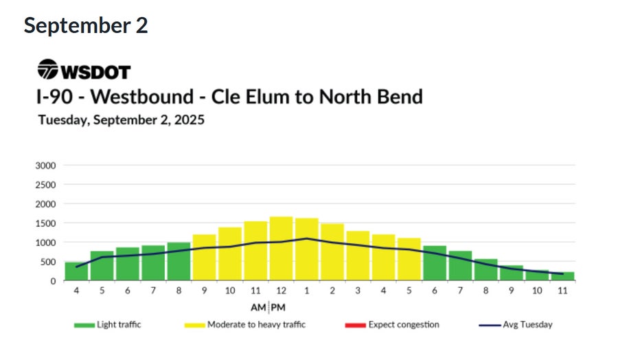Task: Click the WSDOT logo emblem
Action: pos(47,69)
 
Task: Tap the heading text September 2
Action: pos(85,25)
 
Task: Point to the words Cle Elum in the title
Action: pos(252,96)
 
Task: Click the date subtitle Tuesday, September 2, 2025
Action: pos(121,120)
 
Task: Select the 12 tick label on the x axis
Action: pos(281,291)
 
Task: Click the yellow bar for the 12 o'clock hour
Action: pos(281,249)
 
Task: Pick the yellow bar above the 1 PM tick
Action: pos(306,249)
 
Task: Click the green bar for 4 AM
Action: pos(76,271)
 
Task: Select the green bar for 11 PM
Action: pos(562,276)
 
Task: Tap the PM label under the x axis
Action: pos(278,306)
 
